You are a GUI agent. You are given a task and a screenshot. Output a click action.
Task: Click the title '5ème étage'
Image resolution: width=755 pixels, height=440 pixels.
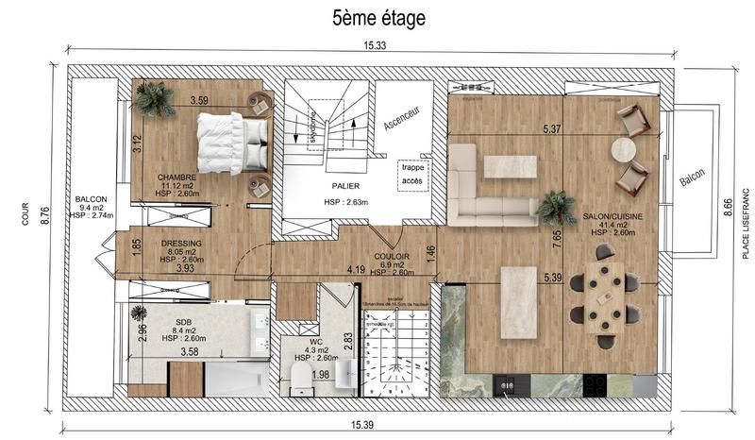378,18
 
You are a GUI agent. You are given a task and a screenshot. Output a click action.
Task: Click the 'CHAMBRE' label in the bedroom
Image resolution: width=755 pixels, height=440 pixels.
176,177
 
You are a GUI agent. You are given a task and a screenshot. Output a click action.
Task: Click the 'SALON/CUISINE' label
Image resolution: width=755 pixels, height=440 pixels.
612,216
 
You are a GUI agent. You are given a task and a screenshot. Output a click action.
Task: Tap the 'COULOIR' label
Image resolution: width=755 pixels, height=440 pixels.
391,255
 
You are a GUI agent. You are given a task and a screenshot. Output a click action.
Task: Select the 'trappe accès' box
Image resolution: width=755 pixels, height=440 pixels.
412,173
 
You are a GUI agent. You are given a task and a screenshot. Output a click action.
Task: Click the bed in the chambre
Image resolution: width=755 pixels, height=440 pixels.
229,144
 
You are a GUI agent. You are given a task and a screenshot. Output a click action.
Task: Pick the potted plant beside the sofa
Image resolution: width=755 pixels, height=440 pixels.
556,206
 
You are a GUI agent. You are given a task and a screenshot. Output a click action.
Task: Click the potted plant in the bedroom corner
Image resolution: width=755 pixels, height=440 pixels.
154,99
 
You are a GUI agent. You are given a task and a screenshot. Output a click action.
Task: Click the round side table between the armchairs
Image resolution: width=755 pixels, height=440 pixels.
626,150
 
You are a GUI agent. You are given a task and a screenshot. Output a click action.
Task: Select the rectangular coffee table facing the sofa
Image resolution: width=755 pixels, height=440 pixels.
511,167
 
